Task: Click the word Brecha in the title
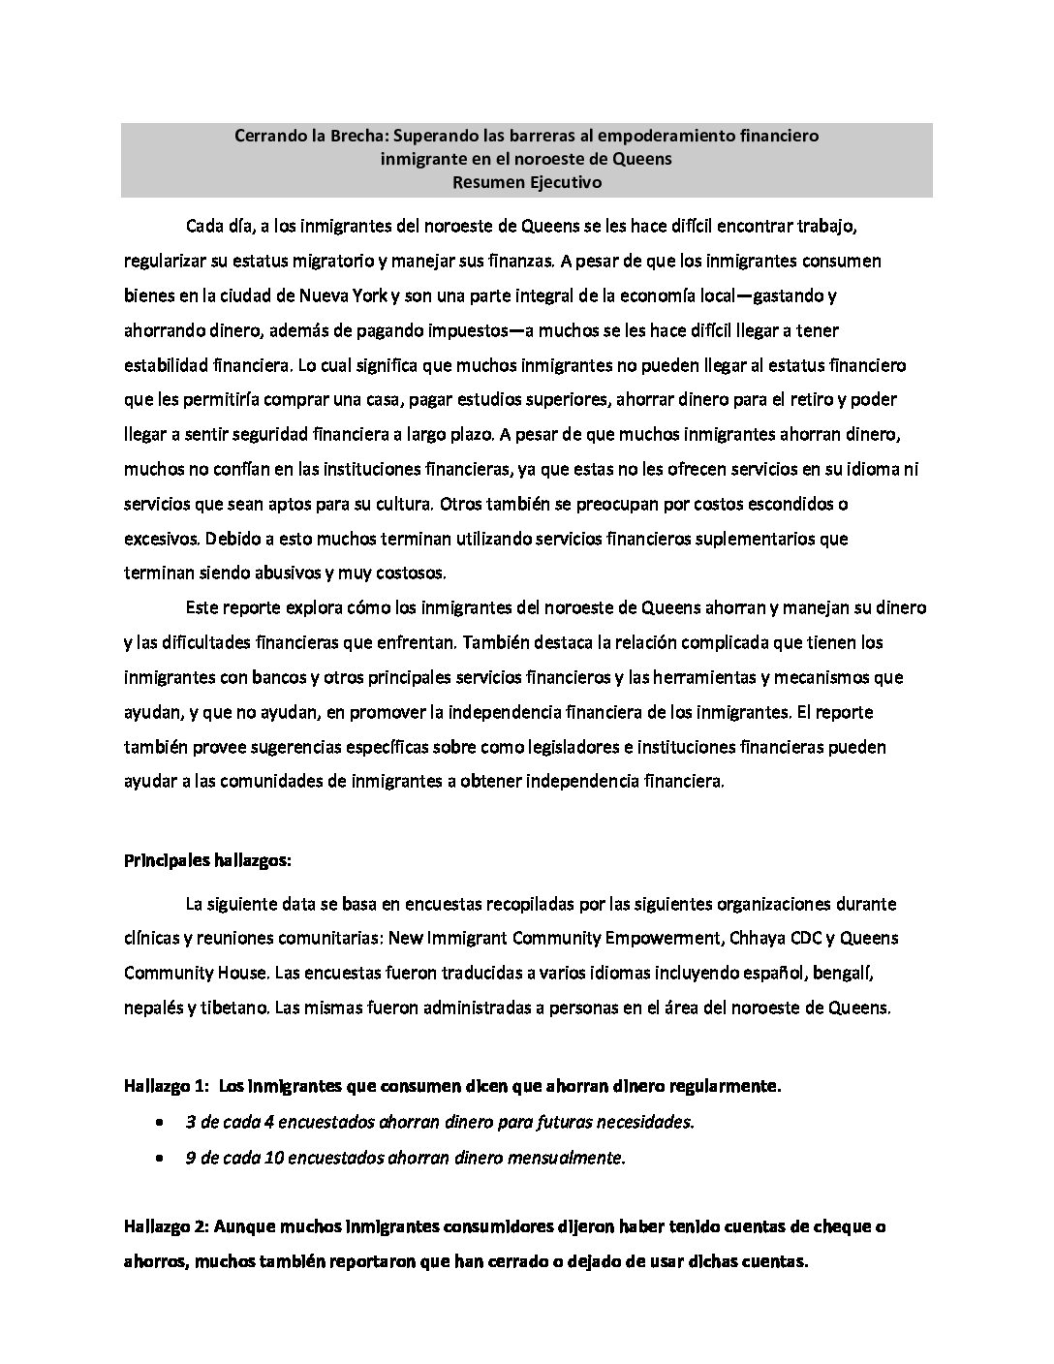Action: [x=337, y=137]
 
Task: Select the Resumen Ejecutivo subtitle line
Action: [x=526, y=182]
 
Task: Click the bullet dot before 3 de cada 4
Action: [x=159, y=1123]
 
